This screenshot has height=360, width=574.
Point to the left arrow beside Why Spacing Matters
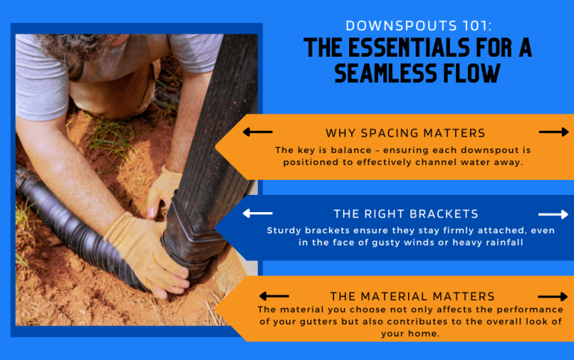(257, 132)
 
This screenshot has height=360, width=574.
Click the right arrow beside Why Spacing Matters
(554, 132)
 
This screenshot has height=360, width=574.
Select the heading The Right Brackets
(407, 214)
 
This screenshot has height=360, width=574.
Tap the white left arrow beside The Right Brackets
(257, 214)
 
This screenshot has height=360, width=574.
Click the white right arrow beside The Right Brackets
(554, 214)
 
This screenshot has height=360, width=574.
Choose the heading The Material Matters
(412, 297)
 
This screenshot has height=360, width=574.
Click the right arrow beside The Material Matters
(553, 297)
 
